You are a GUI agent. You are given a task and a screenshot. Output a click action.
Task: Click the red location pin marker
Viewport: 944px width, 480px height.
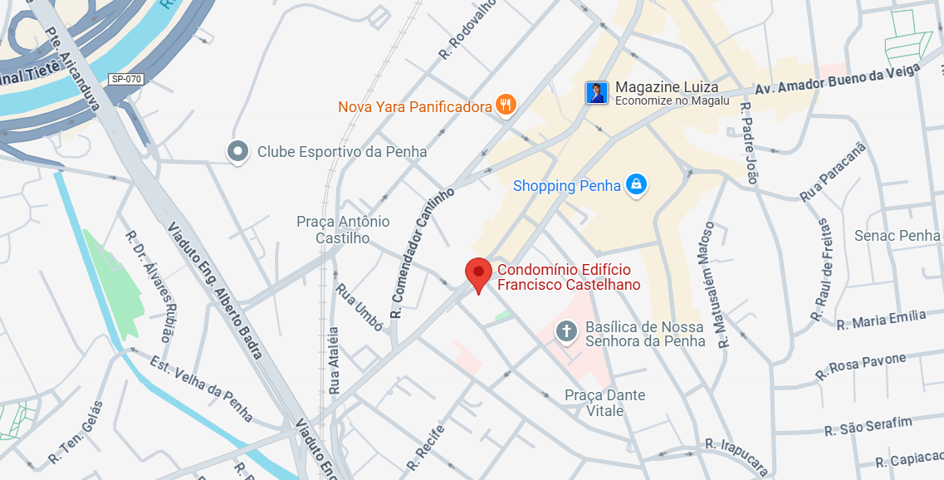(477, 273)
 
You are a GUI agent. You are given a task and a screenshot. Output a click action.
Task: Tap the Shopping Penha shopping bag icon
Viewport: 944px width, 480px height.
(635, 184)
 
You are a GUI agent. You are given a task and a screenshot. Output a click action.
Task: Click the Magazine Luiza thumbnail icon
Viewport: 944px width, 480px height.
(596, 93)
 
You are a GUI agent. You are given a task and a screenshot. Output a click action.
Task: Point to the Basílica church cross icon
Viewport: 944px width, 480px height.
(566, 332)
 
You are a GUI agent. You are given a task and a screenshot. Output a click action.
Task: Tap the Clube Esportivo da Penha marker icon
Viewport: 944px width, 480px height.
(239, 151)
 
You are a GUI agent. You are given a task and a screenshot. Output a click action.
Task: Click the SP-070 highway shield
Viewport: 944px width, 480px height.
(126, 80)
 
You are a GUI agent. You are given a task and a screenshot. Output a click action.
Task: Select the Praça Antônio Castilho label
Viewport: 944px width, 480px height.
(343, 230)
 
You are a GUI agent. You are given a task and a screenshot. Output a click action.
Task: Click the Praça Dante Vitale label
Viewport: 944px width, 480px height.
(604, 403)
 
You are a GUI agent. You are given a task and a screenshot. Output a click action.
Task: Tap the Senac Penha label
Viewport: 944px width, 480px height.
(897, 236)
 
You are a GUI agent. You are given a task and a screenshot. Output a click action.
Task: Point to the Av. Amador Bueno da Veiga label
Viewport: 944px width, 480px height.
(836, 81)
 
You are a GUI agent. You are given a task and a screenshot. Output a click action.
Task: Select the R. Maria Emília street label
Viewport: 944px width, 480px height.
(881, 320)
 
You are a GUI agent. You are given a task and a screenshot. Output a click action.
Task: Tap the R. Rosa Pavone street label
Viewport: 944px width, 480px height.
(860, 366)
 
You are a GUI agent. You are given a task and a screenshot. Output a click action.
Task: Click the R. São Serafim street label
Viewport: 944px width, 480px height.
(868, 426)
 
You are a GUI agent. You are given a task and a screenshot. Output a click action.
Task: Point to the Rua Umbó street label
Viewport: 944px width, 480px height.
(359, 307)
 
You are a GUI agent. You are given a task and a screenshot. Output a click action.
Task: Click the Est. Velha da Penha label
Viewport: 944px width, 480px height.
(202, 389)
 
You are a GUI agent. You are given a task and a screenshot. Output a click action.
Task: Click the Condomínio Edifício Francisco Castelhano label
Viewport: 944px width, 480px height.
(569, 277)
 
